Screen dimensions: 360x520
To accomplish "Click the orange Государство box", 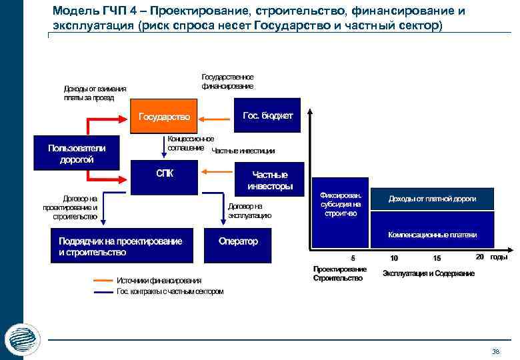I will point(164,117).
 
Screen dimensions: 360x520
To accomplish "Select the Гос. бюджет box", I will point(267,115).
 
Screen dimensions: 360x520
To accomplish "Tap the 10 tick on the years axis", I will point(394,259).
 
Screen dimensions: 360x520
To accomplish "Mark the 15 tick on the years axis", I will point(437,259).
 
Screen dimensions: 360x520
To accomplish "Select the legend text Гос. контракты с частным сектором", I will point(170,291).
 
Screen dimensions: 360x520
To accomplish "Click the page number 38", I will point(495,351).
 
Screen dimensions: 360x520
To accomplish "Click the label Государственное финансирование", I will point(227,81).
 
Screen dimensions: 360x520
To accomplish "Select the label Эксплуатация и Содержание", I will point(429,274).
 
